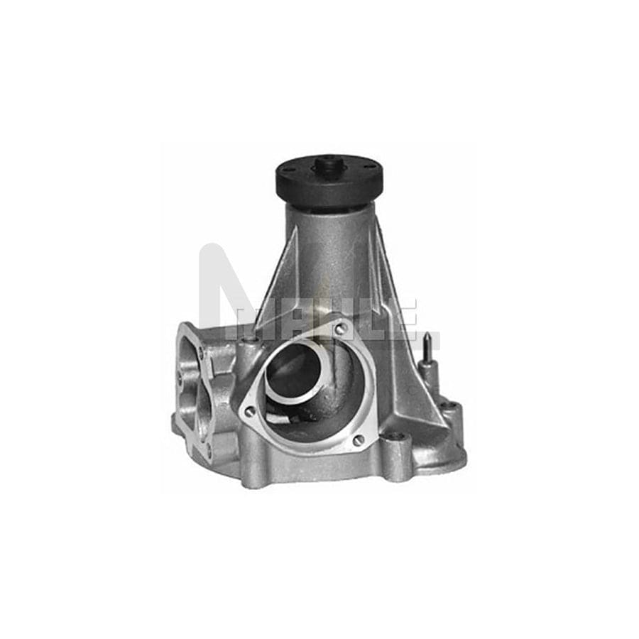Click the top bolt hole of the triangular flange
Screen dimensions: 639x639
341,328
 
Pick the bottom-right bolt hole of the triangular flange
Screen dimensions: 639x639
359,440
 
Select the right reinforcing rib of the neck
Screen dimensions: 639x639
387,284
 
